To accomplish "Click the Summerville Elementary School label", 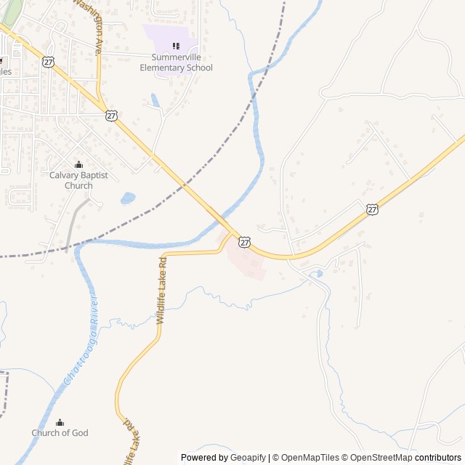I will [x=176, y=62].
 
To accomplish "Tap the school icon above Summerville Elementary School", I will [x=176, y=46].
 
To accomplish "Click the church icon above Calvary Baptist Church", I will [x=78, y=164].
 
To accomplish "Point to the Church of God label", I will [x=60, y=433].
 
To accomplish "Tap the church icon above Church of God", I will [x=60, y=422].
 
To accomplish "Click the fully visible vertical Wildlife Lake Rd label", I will [x=161, y=290].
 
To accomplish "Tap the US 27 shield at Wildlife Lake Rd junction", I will [x=245, y=241].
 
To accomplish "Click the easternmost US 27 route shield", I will [x=372, y=209].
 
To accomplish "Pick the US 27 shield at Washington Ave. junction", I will [x=110, y=116].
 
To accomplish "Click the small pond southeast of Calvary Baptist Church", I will [x=128, y=198].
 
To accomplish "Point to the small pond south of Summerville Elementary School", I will [x=155, y=100].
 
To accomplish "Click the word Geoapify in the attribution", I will [x=248, y=458].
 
